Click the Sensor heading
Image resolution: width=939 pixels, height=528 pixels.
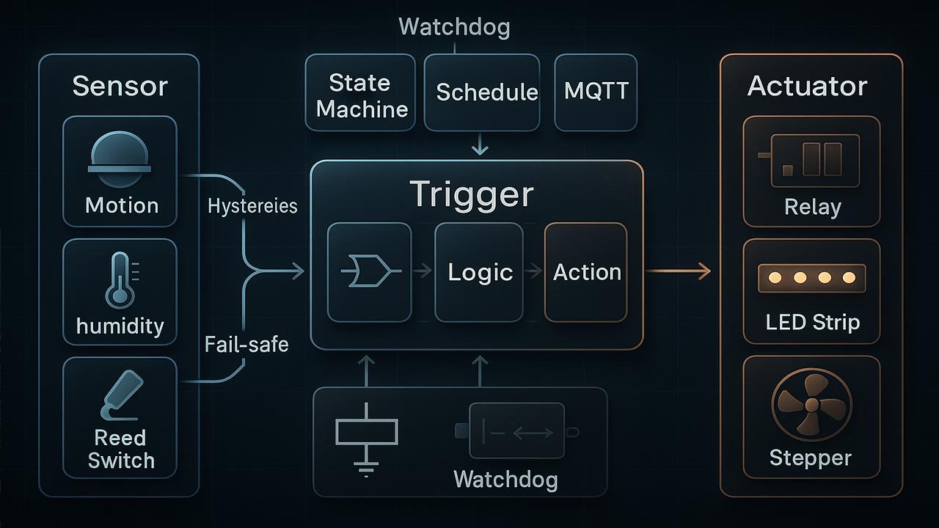[120, 87]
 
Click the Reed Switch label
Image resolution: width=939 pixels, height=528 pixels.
[120, 449]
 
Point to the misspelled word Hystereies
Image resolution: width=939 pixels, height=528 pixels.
[252, 206]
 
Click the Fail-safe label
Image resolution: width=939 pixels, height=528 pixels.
[246, 343]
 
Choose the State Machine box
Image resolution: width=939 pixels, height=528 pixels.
[360, 93]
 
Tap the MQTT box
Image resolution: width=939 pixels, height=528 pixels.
[596, 92]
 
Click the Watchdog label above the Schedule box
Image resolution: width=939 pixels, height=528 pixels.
[454, 28]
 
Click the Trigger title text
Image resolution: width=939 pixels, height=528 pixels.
[472, 195]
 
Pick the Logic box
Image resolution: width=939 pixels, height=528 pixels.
[480, 272]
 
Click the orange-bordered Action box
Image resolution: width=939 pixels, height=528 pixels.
[586, 272]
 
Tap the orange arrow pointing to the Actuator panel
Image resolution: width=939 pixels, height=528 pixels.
[679, 272]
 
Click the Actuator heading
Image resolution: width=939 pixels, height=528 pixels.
[807, 87]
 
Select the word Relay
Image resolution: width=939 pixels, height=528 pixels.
[811, 207]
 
